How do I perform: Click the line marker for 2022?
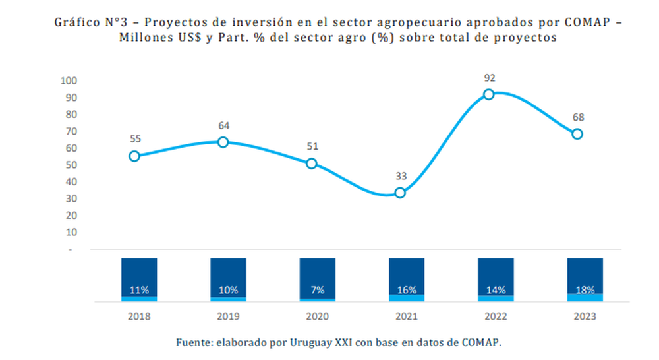pyautogui.click(x=488, y=94)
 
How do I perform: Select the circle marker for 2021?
pyautogui.click(x=400, y=193)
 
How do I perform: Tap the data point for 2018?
pyautogui.click(x=134, y=156)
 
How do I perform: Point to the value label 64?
pyautogui.click(x=223, y=125)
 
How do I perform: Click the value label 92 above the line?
pyautogui.click(x=489, y=78)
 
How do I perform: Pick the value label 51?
pyautogui.click(x=312, y=146)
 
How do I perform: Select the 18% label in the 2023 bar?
pyautogui.click(x=585, y=289)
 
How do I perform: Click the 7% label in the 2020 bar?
pyautogui.click(x=317, y=289)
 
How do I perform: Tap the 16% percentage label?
pyautogui.click(x=407, y=289)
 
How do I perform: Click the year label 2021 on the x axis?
pyautogui.click(x=406, y=316)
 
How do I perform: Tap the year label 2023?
pyautogui.click(x=585, y=316)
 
